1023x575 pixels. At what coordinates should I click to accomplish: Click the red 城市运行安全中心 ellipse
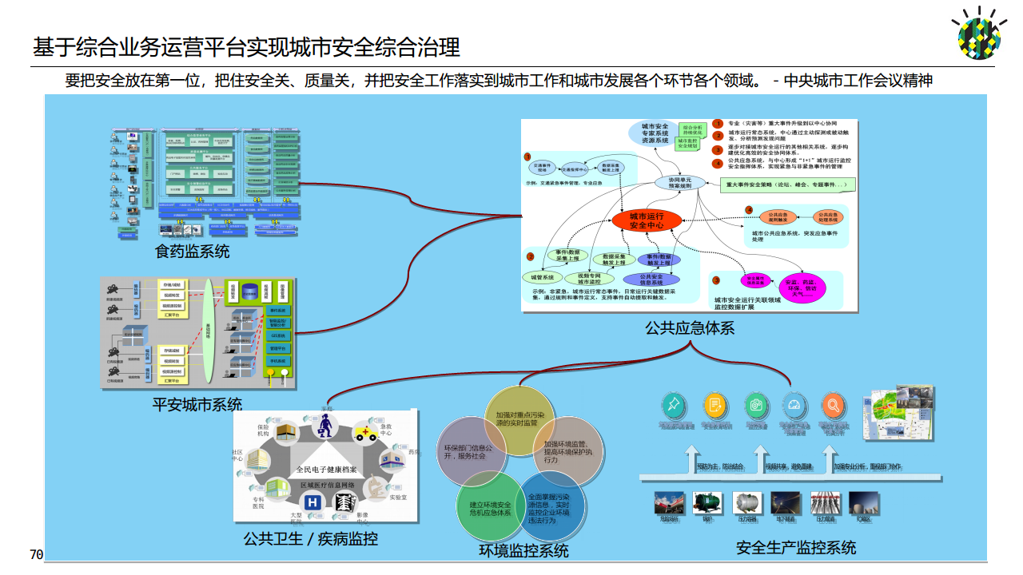point(647,220)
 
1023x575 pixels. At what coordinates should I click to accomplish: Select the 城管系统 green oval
point(543,277)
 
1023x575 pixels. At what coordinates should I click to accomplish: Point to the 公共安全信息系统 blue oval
point(652,279)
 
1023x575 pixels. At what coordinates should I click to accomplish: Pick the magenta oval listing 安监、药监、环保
point(802,287)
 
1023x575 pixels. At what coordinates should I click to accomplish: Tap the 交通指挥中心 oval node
point(573,170)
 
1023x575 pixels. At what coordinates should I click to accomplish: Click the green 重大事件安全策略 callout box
point(786,184)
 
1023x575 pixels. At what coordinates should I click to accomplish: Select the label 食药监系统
point(192,252)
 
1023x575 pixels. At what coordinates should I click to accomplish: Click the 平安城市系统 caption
point(197,404)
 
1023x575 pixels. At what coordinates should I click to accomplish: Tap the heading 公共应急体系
point(690,327)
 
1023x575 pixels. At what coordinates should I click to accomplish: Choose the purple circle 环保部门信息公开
point(470,451)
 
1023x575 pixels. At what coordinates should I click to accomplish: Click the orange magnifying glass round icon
point(833,406)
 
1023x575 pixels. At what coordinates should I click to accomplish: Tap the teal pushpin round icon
point(675,406)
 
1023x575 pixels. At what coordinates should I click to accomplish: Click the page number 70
point(36,554)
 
